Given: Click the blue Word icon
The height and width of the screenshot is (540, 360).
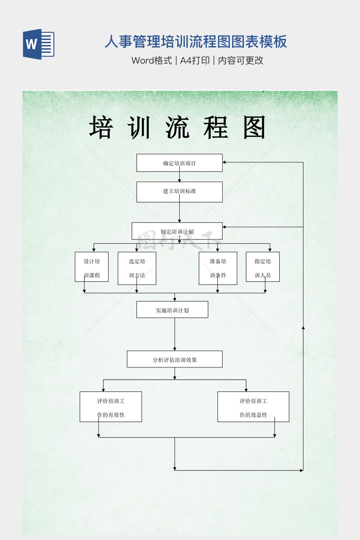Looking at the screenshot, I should click(39, 44).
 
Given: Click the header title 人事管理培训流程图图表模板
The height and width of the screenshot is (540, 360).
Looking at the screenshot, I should click(195, 41).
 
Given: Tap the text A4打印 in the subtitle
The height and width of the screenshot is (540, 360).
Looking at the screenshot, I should click(195, 60).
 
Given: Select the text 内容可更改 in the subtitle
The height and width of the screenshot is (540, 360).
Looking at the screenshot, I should click(240, 60).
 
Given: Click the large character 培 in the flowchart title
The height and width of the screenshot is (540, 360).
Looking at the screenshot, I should click(101, 128).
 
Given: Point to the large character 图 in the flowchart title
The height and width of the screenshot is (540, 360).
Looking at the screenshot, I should click(254, 128).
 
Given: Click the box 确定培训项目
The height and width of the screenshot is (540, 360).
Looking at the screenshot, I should click(179, 163).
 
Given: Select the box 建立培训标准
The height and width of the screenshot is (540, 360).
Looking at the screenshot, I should click(179, 192).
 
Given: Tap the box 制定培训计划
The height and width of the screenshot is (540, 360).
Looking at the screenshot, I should click(177, 231).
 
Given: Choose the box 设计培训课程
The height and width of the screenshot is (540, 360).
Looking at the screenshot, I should click(92, 267).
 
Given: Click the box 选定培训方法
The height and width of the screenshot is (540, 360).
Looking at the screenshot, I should click(137, 268).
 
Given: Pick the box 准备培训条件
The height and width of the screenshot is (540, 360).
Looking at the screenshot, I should click(218, 268).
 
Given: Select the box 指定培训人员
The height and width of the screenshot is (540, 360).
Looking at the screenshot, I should click(263, 267).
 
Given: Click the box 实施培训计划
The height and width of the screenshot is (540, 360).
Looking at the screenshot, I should click(172, 310).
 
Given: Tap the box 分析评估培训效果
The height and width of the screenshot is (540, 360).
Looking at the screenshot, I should click(175, 359).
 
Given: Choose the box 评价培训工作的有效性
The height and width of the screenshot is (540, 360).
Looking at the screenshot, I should click(111, 407).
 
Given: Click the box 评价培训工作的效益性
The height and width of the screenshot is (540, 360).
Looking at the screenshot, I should click(253, 407).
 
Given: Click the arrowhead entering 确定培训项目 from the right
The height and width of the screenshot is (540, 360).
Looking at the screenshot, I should click(224, 162).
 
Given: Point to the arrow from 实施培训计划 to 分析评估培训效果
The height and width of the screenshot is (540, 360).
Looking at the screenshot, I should click(175, 334).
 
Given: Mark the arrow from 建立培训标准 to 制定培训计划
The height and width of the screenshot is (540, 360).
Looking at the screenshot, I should click(179, 212).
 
